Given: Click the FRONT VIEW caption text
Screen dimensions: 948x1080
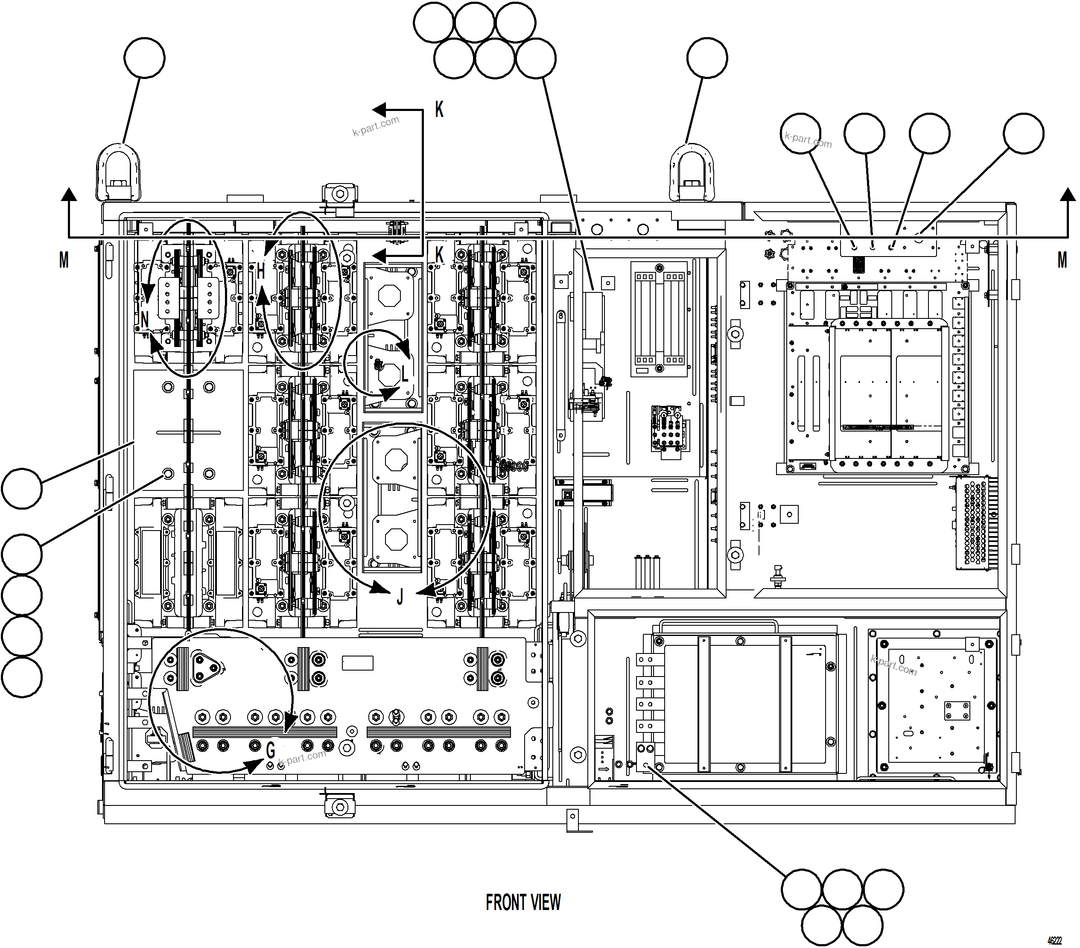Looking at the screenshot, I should pos(523,903).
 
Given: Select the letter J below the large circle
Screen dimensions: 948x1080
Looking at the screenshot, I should pos(400,597).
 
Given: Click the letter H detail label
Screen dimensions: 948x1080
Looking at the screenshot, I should pos(260,271).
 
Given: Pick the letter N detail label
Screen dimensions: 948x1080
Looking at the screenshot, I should pos(145,319).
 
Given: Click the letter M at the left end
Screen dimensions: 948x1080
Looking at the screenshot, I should pos(64,260).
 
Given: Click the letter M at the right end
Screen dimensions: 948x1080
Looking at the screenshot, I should pos(1062,260).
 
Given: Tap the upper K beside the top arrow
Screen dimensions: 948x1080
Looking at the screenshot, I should pos(439,109).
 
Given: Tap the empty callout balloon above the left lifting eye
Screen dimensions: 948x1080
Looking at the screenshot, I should pos(144,58).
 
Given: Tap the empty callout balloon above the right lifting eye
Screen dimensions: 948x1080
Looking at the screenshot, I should pos(707,58).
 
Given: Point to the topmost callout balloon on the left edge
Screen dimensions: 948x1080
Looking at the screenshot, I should pos(22,488).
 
